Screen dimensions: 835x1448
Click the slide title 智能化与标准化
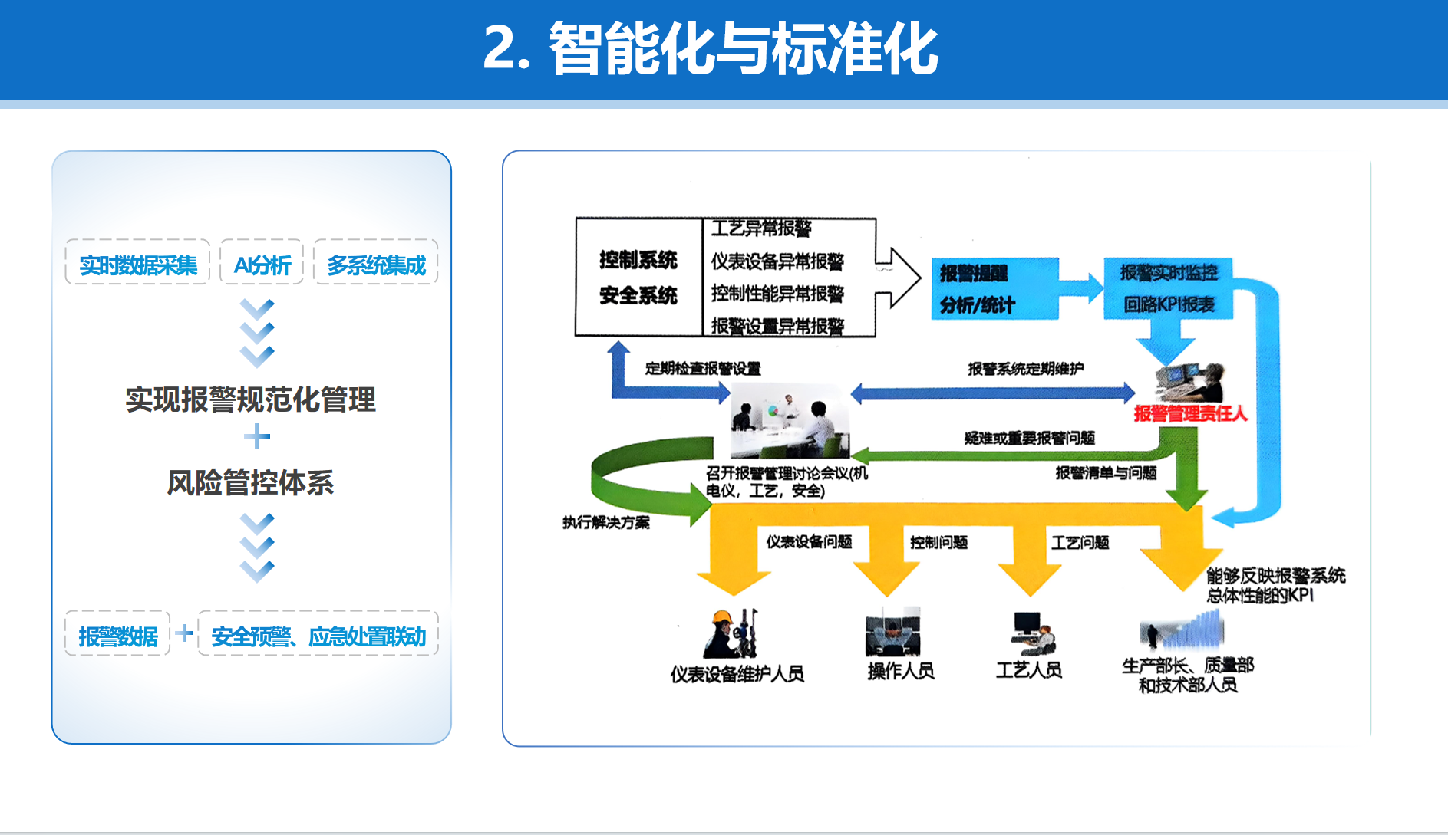pos(710,49)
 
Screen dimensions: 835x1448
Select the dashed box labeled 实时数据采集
pos(138,265)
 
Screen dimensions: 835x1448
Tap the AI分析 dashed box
pos(262,265)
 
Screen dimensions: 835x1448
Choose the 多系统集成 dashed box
pos(376,265)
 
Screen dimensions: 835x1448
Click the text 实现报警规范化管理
pos(251,399)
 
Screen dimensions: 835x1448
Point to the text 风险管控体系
pos(251,482)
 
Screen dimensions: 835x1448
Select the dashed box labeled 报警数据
pos(118,636)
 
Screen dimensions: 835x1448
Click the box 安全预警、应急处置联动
pos(318,636)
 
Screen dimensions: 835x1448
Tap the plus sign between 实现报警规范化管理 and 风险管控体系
pos(257,438)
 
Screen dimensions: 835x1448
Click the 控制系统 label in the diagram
pos(638,260)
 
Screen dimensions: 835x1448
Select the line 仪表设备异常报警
pos(777,261)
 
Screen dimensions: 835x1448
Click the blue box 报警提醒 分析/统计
pos(994,288)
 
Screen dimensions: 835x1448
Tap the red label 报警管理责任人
pos(1190,414)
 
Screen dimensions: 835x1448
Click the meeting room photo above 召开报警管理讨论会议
pos(790,421)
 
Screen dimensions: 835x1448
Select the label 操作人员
pos(901,671)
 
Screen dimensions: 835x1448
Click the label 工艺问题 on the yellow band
pos(1080,543)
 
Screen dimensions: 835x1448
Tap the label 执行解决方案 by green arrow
pos(605,522)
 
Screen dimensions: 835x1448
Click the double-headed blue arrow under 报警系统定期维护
pos(992,393)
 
